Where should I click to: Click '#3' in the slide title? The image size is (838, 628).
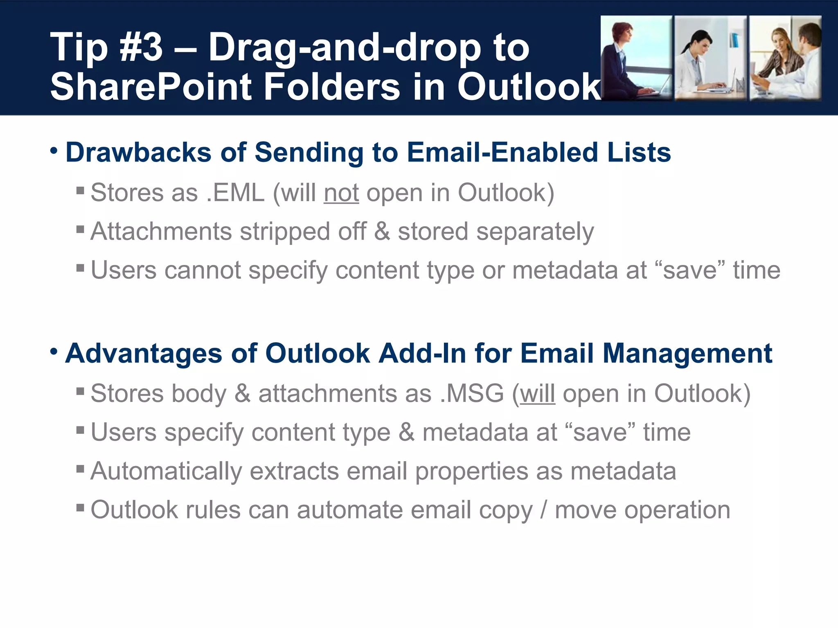tap(141, 48)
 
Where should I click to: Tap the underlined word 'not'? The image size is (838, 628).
tap(341, 193)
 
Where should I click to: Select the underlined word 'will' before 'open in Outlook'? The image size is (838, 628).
tap(537, 394)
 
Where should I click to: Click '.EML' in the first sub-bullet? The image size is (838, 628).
tap(236, 193)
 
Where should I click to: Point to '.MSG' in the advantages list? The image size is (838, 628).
tap(472, 394)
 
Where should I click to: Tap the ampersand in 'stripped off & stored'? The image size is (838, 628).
tap(382, 231)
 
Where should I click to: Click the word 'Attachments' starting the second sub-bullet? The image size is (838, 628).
tap(161, 231)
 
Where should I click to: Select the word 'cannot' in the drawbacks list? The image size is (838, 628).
tap(203, 270)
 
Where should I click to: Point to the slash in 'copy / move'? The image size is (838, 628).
tap(543, 510)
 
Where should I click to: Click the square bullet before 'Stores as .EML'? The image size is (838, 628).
tap(80, 190)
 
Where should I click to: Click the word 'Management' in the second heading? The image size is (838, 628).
tap(687, 353)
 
